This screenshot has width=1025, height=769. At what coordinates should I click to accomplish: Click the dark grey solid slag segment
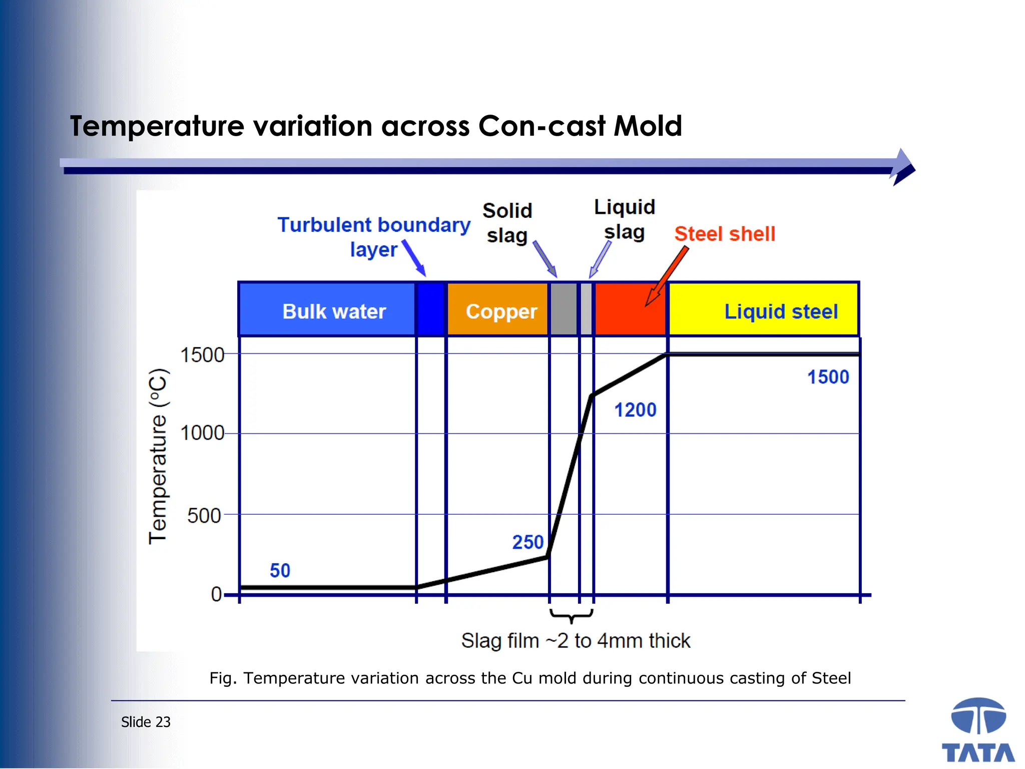pos(564,309)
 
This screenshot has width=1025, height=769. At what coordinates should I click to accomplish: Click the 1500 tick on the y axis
pos(202,355)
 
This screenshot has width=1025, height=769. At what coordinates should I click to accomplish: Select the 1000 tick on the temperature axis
pos(202,433)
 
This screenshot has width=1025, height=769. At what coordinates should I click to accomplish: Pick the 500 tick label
pos(204,516)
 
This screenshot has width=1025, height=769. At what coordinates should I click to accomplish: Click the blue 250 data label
pos(528,542)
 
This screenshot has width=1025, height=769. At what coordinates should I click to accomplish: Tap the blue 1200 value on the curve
pos(635,410)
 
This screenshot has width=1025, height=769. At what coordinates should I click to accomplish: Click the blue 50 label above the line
pos(280,571)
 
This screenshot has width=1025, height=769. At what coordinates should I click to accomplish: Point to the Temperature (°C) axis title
pos(158,456)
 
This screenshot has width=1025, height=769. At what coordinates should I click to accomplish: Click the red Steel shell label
pos(724,234)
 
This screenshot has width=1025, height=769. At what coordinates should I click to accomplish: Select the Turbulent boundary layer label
pos(374,236)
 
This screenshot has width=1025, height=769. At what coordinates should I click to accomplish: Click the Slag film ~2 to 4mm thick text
pos(576,641)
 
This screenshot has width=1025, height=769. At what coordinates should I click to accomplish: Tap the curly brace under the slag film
pos(571,615)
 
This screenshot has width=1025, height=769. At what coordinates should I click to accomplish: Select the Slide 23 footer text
pos(146,722)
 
